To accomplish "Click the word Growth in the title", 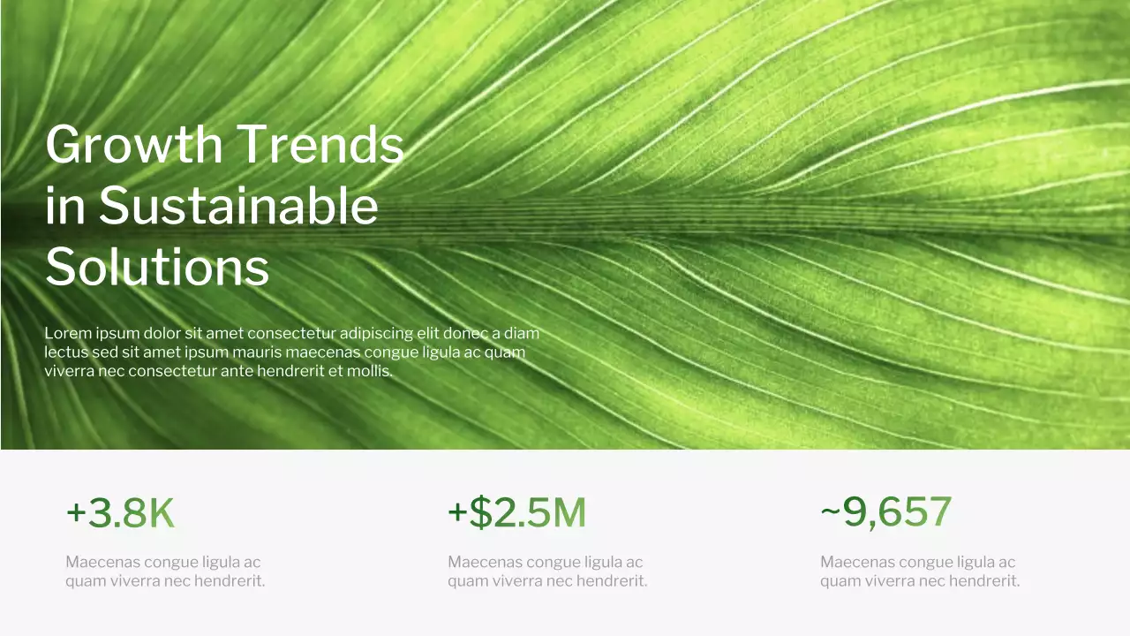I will click(x=133, y=145).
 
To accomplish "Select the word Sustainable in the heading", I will click(x=238, y=206).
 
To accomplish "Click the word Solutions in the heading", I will click(x=157, y=266).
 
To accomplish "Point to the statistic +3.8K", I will click(x=120, y=513).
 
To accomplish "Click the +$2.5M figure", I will click(x=516, y=513).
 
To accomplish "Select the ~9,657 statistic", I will click(x=885, y=512).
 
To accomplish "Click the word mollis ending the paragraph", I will click(x=371, y=371).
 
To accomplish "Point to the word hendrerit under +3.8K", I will click(x=231, y=581).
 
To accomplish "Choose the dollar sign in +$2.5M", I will click(x=479, y=513).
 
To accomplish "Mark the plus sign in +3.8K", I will click(x=76, y=513).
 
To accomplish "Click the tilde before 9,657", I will click(x=830, y=513).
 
